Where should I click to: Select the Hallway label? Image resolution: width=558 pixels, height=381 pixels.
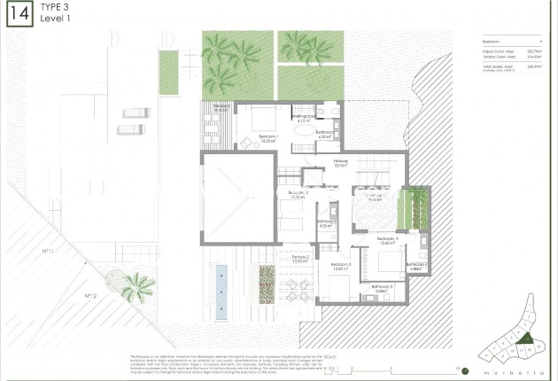coord(341,163)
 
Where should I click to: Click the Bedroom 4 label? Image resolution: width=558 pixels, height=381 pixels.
coord(387,240)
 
